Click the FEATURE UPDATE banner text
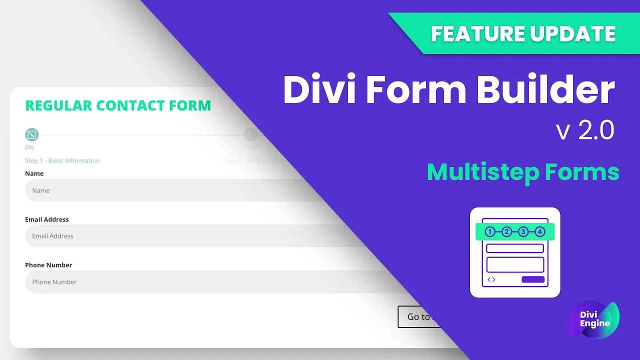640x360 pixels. [x=523, y=34]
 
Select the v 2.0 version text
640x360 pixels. [x=584, y=131]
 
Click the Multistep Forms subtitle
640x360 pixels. [x=523, y=172]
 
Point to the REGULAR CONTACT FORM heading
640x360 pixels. [x=118, y=105]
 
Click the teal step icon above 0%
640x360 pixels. [x=31, y=134]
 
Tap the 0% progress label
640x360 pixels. [x=29, y=147]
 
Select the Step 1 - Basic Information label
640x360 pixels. [x=62, y=160]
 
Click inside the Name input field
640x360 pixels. [x=150, y=190]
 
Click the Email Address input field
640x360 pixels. [x=150, y=236]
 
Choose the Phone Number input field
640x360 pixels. [x=150, y=282]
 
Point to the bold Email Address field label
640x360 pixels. [x=47, y=219]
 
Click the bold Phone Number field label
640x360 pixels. [x=48, y=265]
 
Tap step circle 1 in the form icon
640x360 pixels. [x=490, y=231]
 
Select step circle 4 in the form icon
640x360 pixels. [x=539, y=231]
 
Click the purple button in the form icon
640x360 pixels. [x=533, y=279]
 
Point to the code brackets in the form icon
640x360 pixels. [x=491, y=279]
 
